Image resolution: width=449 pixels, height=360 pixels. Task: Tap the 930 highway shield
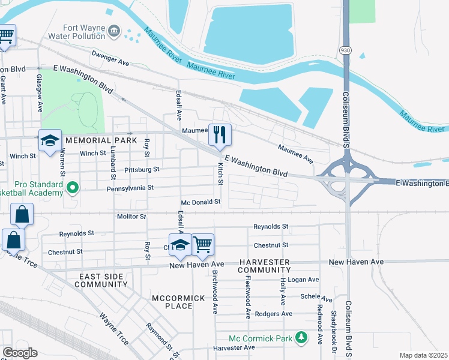(x=345, y=50)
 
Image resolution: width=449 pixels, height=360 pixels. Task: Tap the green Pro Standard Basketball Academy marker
(x=73, y=188)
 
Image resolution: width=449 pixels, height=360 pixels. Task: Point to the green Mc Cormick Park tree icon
(x=303, y=339)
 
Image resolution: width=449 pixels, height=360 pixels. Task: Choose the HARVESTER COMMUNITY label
(x=264, y=266)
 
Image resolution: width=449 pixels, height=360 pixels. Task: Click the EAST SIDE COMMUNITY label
(x=103, y=280)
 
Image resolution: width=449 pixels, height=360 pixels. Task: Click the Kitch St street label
(x=220, y=173)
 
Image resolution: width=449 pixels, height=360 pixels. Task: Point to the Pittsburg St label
(x=141, y=170)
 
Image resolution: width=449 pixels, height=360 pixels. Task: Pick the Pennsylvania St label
(x=130, y=188)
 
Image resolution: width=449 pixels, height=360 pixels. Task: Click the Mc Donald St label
(x=202, y=202)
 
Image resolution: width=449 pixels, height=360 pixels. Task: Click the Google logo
(x=20, y=353)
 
